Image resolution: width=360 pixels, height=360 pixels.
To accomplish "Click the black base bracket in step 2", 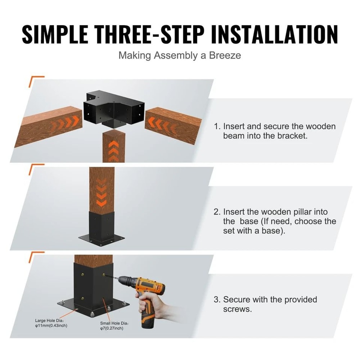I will coord(102,227).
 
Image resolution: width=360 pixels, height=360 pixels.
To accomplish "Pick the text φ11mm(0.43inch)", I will coord(51,325).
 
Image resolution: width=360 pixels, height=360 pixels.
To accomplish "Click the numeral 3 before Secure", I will coord(216,300).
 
